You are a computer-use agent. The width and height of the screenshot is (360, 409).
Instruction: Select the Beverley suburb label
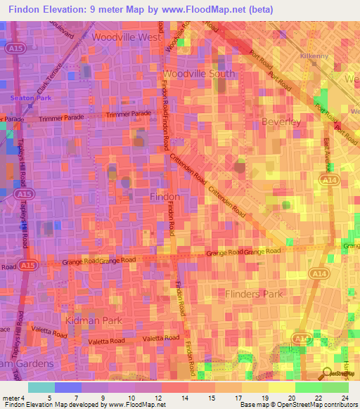coord(281,122)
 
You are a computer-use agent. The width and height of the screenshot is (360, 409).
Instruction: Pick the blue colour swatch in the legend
coord(68,387)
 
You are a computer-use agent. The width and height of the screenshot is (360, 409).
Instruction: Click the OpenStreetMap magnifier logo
coord(327,374)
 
